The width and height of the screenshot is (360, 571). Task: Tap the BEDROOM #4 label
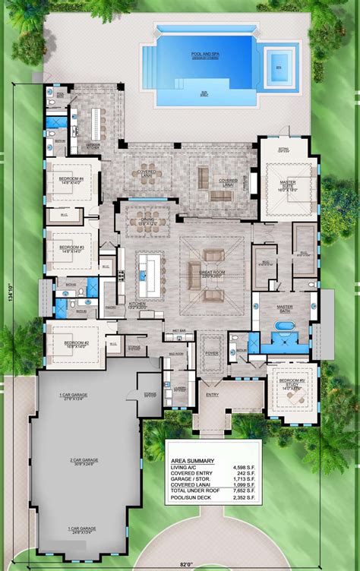click(71, 181)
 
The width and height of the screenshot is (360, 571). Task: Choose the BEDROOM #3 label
click(71, 248)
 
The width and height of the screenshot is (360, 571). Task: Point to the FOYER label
click(212, 352)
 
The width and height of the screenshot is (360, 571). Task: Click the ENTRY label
click(211, 395)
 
